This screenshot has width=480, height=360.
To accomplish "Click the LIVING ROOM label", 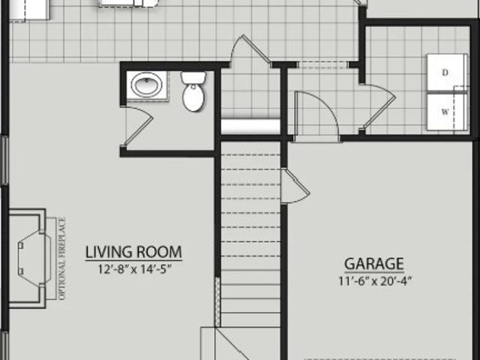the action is [133, 252].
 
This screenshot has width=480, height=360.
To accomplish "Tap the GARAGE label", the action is [374, 263].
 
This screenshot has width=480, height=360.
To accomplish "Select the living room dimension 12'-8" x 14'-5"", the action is [133, 270].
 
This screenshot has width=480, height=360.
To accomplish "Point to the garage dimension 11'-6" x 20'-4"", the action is [374, 281].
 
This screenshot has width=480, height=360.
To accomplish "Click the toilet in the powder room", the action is [193, 91].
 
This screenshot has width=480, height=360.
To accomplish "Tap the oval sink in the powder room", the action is [147, 85].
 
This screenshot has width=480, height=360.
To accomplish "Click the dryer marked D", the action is [447, 73].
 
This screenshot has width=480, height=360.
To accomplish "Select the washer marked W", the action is [447, 112].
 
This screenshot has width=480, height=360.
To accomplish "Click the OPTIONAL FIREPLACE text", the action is [61, 259].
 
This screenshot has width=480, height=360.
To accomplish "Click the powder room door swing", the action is [138, 125].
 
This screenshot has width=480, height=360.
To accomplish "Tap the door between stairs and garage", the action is [295, 186].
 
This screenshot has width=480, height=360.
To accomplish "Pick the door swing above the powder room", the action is [250, 49].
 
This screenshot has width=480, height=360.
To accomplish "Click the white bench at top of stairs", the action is [250, 127].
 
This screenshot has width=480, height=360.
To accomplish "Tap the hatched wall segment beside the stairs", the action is [217, 302].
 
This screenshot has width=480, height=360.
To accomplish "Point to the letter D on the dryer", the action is [445, 73].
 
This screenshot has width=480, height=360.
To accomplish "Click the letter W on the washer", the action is [445, 112].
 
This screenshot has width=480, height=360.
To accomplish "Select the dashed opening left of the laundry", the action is [322, 64].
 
